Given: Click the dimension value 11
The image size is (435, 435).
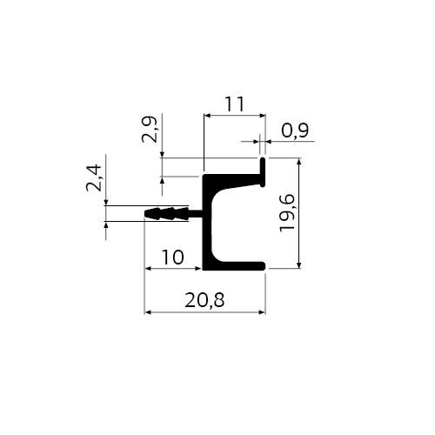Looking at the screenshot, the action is click(x=235, y=104).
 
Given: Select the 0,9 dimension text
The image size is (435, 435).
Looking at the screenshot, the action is click(x=295, y=130).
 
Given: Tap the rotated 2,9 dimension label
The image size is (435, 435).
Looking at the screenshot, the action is click(x=150, y=130).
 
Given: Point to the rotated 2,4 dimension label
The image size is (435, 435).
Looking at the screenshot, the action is click(x=94, y=178).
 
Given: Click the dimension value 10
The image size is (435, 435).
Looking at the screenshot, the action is click(x=173, y=258).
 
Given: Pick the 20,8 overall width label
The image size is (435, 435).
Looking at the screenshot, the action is click(x=204, y=300).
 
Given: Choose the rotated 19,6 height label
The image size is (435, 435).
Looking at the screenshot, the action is click(x=287, y=213).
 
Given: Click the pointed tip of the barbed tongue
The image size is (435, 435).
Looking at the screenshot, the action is click(x=145, y=213).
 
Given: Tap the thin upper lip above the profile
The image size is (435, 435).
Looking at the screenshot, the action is click(x=263, y=172).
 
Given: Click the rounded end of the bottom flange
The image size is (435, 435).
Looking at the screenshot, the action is click(x=264, y=265).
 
